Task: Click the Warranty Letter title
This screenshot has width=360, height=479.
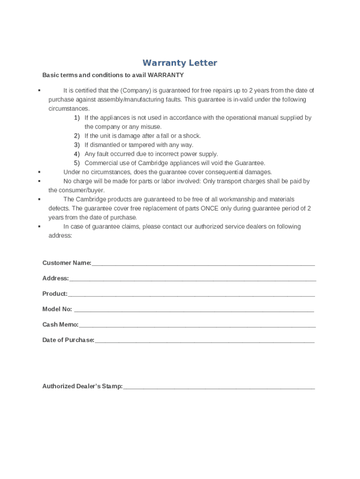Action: click(180, 63)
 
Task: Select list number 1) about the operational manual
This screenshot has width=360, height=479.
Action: click(77, 118)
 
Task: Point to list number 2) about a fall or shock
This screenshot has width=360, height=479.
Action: click(77, 136)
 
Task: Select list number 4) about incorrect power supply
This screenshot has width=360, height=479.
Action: click(77, 154)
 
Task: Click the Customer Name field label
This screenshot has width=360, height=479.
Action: click(67, 263)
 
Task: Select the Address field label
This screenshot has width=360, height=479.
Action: click(56, 278)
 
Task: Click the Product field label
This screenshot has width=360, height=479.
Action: click(55, 294)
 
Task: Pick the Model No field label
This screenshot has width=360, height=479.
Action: click(57, 309)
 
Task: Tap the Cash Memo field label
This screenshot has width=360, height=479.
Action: click(60, 325)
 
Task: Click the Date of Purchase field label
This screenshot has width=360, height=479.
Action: click(68, 340)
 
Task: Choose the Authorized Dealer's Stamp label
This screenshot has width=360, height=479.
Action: click(82, 386)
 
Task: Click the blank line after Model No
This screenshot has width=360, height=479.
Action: click(194, 311)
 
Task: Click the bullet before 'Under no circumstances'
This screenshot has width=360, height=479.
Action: click(40, 172)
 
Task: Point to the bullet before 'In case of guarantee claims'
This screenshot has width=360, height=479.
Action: click(40, 227)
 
